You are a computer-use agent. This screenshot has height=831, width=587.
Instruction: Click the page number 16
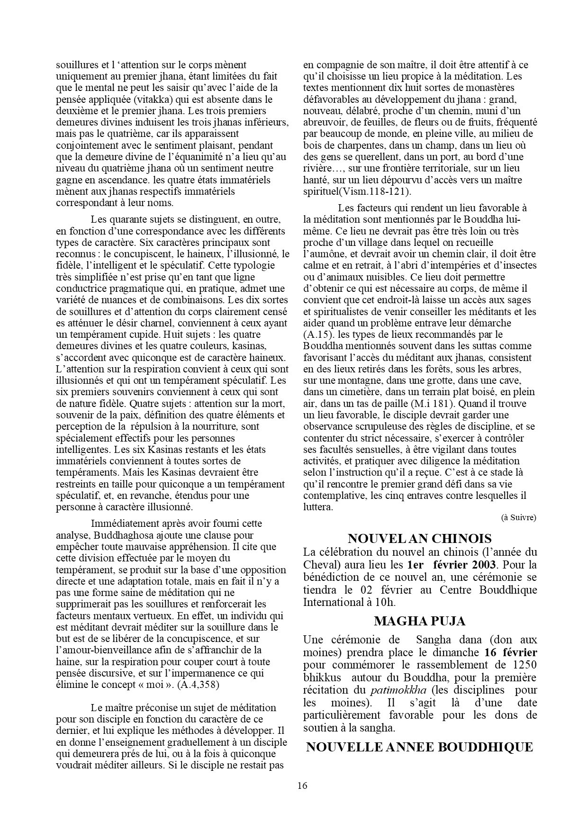(x=302, y=785)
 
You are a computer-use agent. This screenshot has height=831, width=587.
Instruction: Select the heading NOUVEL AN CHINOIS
(x=419, y=538)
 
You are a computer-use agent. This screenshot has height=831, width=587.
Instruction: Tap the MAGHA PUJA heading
(x=419, y=621)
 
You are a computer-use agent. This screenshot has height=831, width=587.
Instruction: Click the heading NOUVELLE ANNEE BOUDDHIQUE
(x=419, y=747)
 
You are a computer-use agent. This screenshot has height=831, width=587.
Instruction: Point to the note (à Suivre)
(x=518, y=517)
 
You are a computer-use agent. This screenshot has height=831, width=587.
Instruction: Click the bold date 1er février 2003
(x=451, y=564)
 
